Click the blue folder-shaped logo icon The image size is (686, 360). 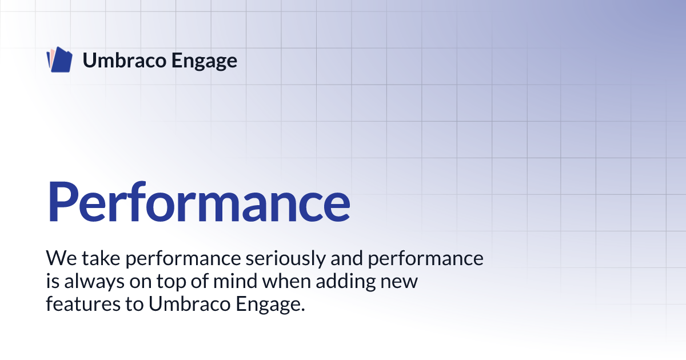pos(59,59)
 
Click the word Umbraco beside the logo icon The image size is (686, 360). pos(125,61)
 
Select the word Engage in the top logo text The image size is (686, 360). pos(204,61)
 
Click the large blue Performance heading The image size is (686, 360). pos(199,202)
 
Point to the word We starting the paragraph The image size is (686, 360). pos(61,258)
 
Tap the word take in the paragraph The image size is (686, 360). pos(101,258)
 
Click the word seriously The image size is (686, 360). pos(285,259)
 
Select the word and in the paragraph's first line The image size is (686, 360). pos(346,258)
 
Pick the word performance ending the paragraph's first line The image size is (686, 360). pos(426,259)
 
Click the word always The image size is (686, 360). pos(94,282)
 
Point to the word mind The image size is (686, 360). pos(235,281)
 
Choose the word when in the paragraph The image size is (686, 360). pos(286,281)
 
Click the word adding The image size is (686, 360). pos(346,282)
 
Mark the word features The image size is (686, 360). pos(83,303)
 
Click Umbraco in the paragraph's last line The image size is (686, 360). pos(189,303)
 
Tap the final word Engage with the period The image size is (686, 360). pos(270,305)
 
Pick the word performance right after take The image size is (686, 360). pos(183,259)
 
